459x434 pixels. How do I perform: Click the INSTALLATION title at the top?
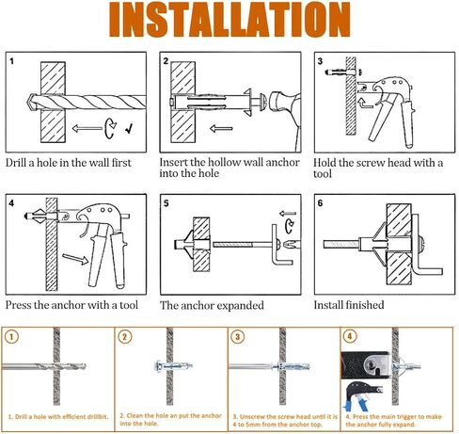point(229,20)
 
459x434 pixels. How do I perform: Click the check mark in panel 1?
point(129,128)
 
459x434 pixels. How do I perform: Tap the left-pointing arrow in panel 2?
point(221,128)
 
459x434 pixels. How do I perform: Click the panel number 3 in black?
point(320,61)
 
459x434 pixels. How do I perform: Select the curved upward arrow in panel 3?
point(365,104)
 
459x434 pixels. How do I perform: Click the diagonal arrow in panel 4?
point(75,259)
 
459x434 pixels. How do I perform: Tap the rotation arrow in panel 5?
point(290,227)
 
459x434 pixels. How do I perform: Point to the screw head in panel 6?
point(422,245)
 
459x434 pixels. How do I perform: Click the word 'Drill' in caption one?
point(16,163)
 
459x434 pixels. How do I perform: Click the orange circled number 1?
point(11,337)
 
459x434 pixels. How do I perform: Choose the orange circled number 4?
point(350,336)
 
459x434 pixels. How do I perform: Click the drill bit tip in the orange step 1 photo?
point(84,366)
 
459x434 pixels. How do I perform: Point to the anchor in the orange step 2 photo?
point(173,366)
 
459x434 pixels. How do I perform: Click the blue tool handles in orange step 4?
point(356,406)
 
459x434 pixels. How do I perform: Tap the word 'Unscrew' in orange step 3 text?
point(252,417)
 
